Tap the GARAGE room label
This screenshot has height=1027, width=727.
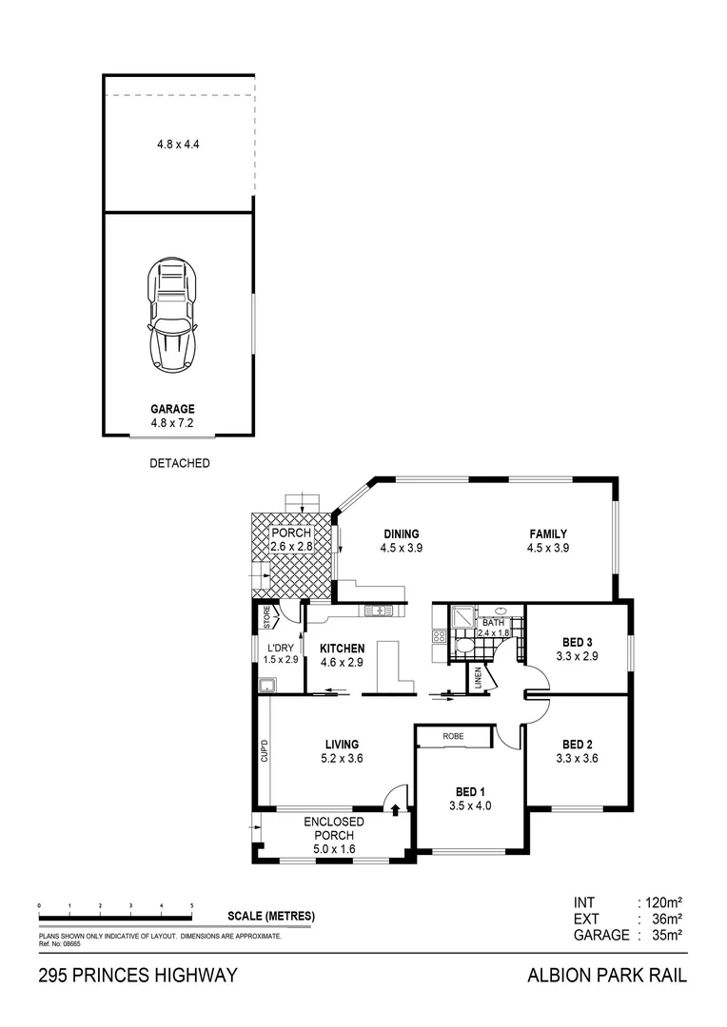pos(172,409)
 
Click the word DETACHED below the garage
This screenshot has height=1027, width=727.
pos(180,464)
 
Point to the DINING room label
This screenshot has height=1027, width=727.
pos(402,534)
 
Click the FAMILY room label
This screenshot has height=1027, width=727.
pos(548,534)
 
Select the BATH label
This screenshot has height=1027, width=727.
pos(493,622)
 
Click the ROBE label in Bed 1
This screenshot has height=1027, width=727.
pos(453,735)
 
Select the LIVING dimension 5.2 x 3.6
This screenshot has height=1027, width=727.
pos(342,758)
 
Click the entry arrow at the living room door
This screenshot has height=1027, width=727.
pos(395,808)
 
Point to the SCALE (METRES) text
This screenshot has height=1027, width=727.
pos(271,917)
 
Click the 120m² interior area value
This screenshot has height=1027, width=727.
pos(661,901)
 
